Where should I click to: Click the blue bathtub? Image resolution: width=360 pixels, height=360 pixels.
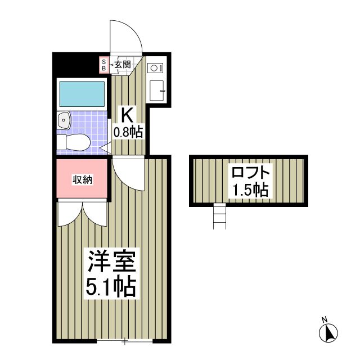pos(82,94)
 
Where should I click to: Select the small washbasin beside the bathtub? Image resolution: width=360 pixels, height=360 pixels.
pos(63,119)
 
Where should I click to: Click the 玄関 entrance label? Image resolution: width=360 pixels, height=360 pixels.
pos(123,65)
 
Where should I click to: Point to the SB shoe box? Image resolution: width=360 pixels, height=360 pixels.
pos(103,64)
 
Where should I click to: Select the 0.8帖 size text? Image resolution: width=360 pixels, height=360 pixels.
pos(128,133)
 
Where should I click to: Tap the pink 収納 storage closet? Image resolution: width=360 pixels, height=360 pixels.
pos(82,179)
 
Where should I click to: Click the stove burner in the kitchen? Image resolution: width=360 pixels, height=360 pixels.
pos(154,68)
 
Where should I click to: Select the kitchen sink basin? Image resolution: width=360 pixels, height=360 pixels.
pos(156,91)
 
